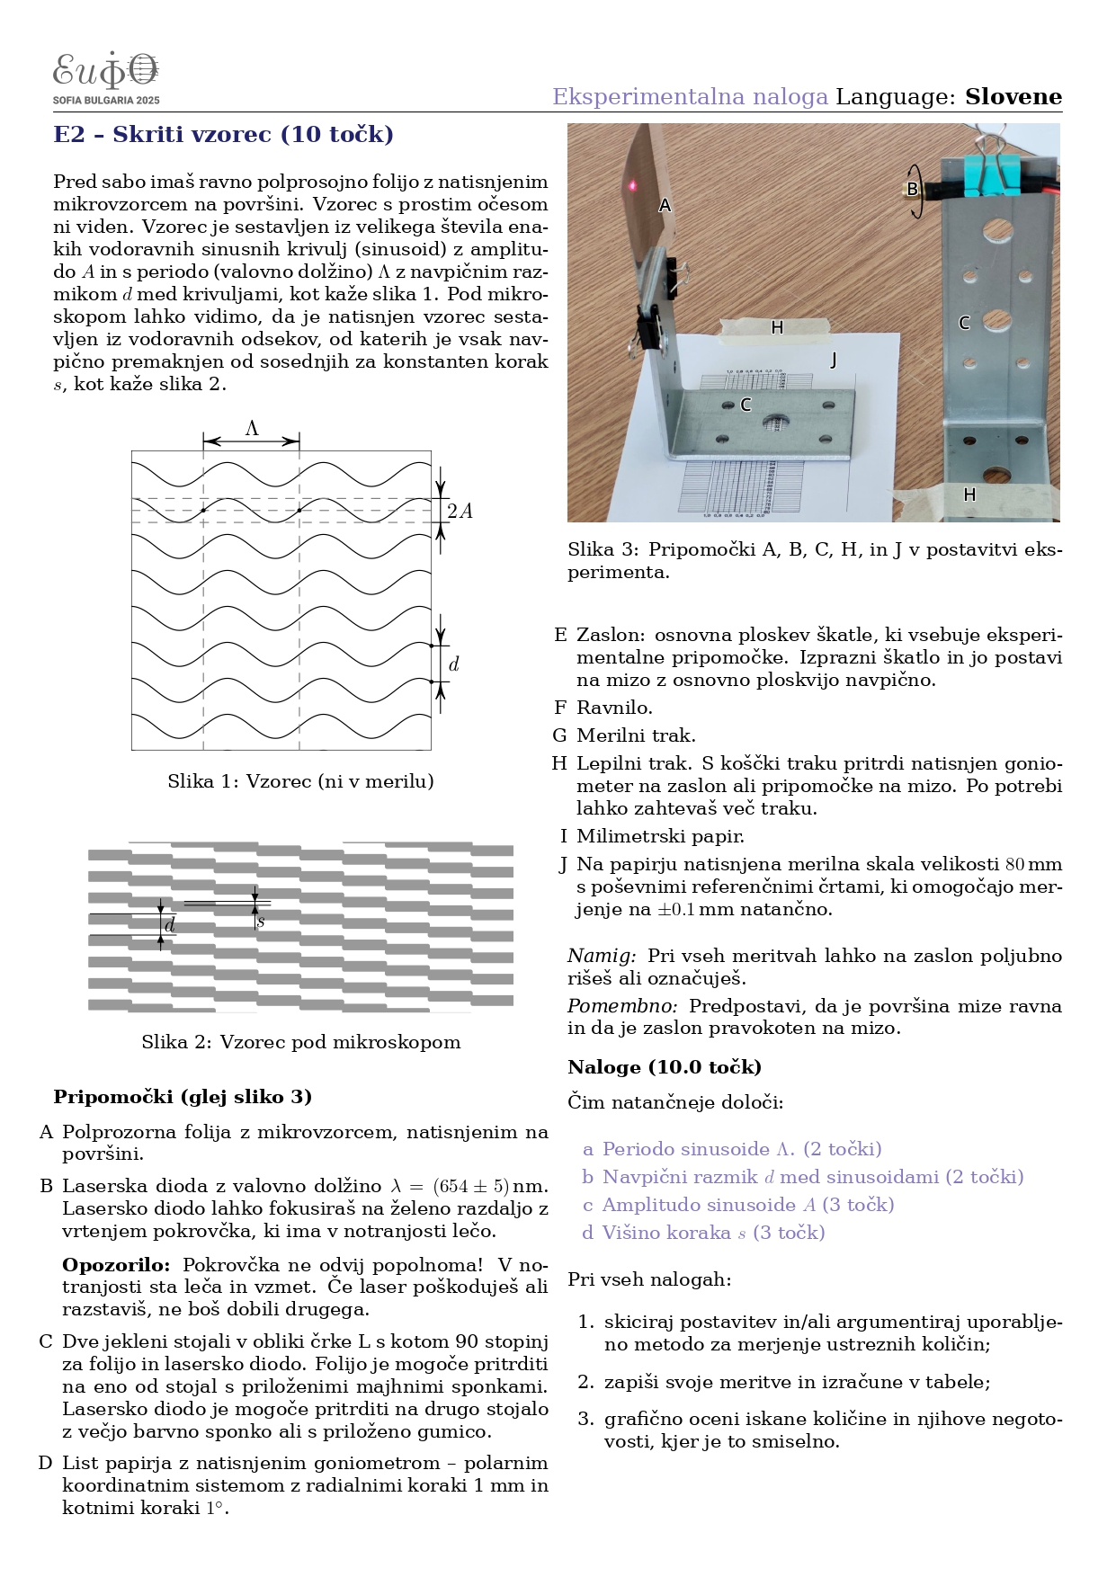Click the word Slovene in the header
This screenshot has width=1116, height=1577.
1013,97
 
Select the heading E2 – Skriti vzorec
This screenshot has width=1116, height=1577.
223,135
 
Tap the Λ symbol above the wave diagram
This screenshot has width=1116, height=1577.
252,429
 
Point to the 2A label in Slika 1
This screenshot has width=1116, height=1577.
460,512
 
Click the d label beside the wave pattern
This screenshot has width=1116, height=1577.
454,664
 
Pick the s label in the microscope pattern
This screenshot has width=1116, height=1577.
261,921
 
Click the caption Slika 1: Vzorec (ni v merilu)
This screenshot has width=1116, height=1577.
300,781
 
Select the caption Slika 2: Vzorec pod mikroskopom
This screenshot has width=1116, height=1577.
300,1042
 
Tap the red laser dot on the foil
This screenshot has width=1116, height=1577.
633,185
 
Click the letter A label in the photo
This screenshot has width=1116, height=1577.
665,205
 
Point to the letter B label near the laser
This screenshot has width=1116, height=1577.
912,189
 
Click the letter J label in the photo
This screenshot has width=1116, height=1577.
834,361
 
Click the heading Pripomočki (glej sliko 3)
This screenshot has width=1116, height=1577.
183,1097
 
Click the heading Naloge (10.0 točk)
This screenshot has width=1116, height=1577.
665,1067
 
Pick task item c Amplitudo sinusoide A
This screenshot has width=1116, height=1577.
738,1205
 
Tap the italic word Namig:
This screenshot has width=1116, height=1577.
602,956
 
